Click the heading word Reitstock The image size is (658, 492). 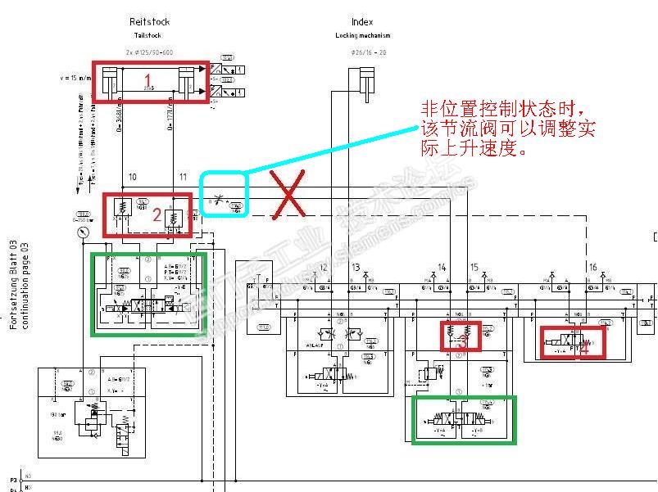[150, 22]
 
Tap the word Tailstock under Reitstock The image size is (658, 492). [150, 36]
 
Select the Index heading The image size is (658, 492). [362, 22]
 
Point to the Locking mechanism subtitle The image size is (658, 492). [362, 36]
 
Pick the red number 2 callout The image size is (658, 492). [157, 214]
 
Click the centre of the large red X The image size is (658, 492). [290, 196]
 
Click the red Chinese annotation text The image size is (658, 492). [508, 129]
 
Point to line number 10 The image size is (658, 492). [133, 177]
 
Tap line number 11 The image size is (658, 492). [183, 177]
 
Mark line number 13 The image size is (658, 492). [356, 268]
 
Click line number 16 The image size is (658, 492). [592, 268]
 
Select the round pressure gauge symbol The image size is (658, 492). [84, 232]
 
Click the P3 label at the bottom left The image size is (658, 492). [12, 480]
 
